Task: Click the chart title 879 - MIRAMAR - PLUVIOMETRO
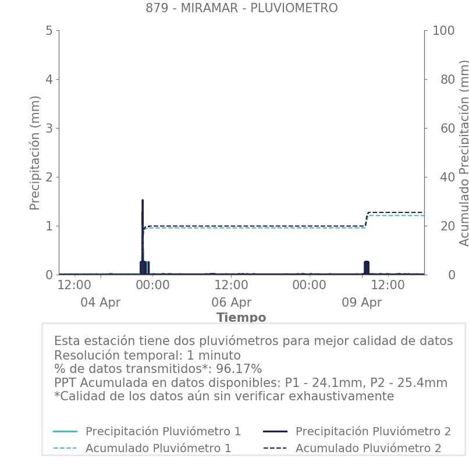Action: coord(241,8)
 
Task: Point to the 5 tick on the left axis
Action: coord(49,30)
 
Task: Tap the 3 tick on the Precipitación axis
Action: coord(49,128)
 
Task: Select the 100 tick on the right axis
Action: coord(443,30)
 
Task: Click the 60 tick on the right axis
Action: coord(440,128)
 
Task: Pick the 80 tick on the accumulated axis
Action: coord(440,79)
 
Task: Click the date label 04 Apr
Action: coord(100,303)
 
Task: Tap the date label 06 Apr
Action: coord(232,303)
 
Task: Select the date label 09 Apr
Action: coord(362,303)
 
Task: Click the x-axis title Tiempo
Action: coord(241,318)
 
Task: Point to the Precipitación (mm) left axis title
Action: coord(35,152)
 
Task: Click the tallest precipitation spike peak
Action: coord(143,201)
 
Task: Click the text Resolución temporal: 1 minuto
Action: coord(147,356)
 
